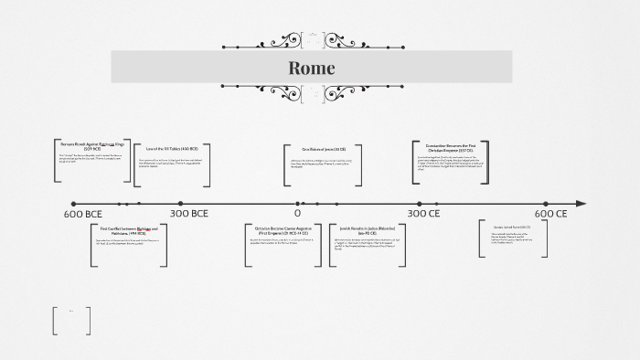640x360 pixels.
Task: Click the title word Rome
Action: [x=312, y=68]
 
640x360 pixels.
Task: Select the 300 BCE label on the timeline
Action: [x=189, y=214]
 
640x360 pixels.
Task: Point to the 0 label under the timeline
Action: [x=297, y=214]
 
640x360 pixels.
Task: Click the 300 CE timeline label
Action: [x=423, y=214]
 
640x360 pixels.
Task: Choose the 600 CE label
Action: [x=551, y=214]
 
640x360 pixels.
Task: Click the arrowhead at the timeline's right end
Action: [x=581, y=204]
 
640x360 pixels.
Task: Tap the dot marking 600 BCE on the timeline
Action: [x=74, y=204]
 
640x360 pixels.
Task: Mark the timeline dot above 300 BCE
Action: [x=181, y=204]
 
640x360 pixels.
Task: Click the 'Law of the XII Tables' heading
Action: [x=172, y=148]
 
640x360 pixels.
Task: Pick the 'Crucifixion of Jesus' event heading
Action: [x=325, y=149]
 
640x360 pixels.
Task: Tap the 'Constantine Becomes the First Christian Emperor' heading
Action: [x=444, y=147]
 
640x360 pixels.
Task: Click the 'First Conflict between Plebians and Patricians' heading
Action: [x=129, y=229]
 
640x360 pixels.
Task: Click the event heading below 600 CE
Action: [x=512, y=227]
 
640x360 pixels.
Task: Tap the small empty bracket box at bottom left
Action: [x=72, y=319]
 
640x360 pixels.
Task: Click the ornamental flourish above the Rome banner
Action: [x=312, y=41]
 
